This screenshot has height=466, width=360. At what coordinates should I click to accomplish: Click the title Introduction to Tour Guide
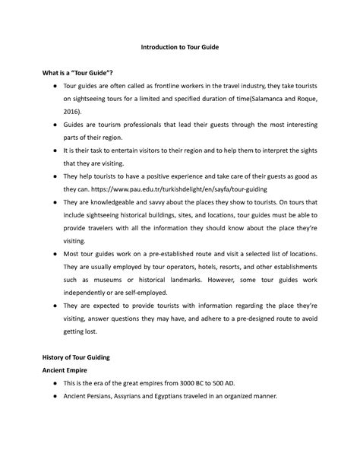pos(180,47)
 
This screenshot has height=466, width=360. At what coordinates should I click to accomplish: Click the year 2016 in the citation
pos(73,110)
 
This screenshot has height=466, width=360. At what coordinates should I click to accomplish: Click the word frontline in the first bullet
pos(173,86)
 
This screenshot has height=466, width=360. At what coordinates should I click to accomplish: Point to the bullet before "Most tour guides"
pos(48,252)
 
